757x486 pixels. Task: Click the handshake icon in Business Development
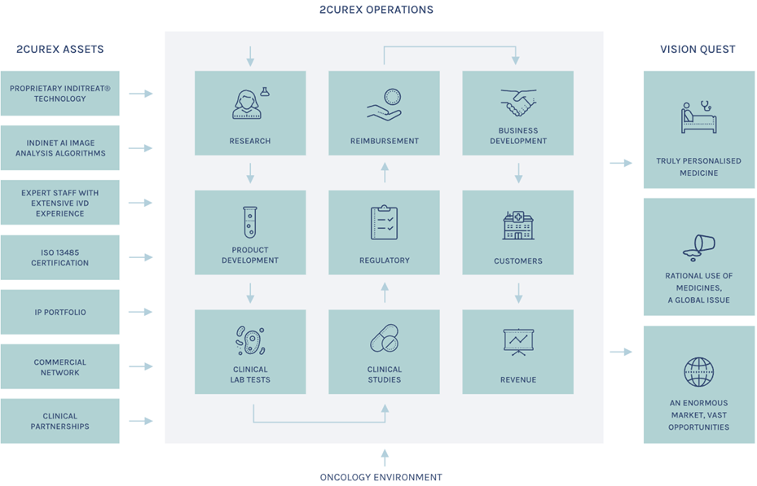click(x=518, y=103)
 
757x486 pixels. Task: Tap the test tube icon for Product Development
click(x=250, y=222)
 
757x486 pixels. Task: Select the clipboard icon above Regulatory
click(x=385, y=222)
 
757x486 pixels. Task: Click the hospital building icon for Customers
click(x=518, y=225)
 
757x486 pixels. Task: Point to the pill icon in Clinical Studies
click(x=385, y=338)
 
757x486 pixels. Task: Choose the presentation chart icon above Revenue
click(x=518, y=342)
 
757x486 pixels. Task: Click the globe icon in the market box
click(x=698, y=372)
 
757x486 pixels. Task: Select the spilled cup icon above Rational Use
click(x=698, y=247)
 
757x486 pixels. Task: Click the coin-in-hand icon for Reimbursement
click(x=385, y=104)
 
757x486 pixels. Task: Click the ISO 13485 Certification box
click(x=59, y=257)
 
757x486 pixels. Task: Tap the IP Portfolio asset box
click(x=59, y=312)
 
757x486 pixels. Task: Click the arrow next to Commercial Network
click(x=140, y=366)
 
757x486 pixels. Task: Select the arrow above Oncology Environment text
click(x=385, y=458)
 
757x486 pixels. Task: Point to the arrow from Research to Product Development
click(x=250, y=173)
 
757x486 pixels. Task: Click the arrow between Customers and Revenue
click(x=518, y=293)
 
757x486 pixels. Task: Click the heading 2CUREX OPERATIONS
click(x=376, y=10)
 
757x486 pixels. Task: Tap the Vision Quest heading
click(x=698, y=49)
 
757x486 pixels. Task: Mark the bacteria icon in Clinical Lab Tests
click(x=250, y=340)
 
